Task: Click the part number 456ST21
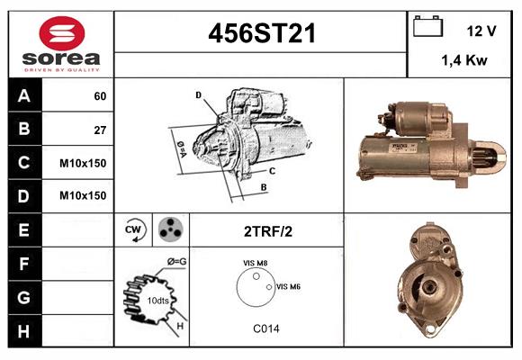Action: (x=262, y=33)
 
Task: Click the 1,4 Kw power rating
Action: (x=463, y=60)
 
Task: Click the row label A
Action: (x=23, y=95)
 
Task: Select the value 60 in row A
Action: (x=100, y=95)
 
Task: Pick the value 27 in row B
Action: (x=100, y=129)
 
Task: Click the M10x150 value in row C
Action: (x=83, y=162)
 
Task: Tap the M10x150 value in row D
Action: (x=83, y=195)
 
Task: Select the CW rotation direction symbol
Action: (x=135, y=229)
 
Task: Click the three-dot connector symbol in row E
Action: (x=169, y=229)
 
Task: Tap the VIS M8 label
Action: (x=256, y=263)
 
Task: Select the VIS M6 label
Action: (x=288, y=286)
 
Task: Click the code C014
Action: (x=265, y=329)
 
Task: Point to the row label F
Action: (x=23, y=263)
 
